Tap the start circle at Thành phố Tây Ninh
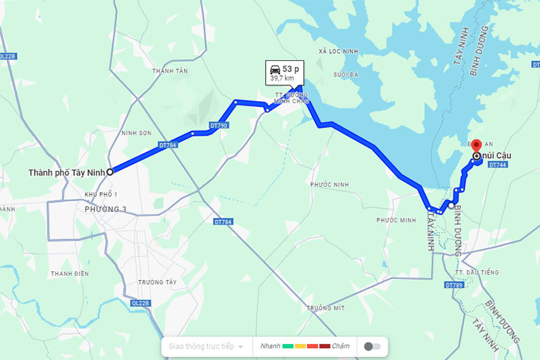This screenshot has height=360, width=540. pyautogui.click(x=109, y=171)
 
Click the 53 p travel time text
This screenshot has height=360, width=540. pyautogui.click(x=291, y=68)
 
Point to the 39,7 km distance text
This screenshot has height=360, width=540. pyautogui.click(x=282, y=78)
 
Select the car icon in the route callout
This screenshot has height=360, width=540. pyautogui.click(x=274, y=68)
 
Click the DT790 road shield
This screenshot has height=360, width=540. pyautogui.click(x=219, y=125)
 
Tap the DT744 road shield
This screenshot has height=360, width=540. pyautogui.click(x=498, y=165)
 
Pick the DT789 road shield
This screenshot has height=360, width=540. pyautogui.click(x=455, y=285)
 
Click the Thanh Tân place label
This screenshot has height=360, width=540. pyautogui.click(x=170, y=71)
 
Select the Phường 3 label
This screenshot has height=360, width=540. pyautogui.click(x=106, y=209)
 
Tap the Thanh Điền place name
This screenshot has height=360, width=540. pyautogui.click(x=70, y=273)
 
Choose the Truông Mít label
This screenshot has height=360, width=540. pyautogui.click(x=326, y=307)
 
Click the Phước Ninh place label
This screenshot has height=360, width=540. pyautogui.click(x=329, y=185)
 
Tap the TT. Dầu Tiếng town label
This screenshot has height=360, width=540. pyautogui.click(x=477, y=272)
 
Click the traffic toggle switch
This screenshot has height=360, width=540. pyautogui.click(x=373, y=347)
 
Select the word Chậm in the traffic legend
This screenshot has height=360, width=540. pyautogui.click(x=340, y=346)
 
